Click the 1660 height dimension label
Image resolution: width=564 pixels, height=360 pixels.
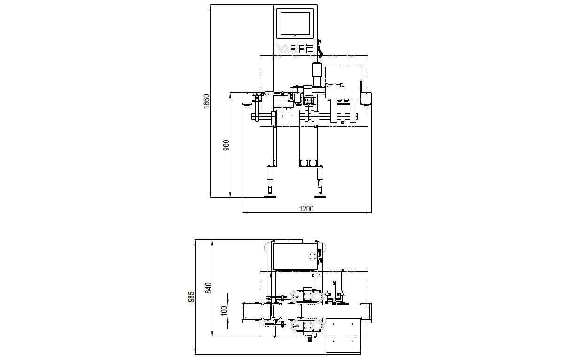[206, 102]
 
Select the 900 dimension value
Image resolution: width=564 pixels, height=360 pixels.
[226, 145]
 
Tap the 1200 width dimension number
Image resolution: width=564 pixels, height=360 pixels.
[306, 209]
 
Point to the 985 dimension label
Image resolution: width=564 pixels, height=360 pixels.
[191, 297]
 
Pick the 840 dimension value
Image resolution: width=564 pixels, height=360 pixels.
[208, 288]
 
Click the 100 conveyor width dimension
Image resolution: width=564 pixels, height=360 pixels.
[224, 310]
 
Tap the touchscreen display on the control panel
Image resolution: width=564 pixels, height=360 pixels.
[295, 24]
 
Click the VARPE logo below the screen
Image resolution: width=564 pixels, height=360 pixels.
[296, 48]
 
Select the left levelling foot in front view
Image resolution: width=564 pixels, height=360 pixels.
[270, 196]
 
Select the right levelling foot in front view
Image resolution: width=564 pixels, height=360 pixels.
[320, 196]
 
